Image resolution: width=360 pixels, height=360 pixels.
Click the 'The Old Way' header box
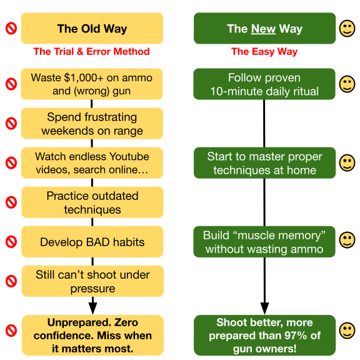tap(92, 28)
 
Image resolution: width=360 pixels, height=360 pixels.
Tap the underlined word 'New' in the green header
tap(263, 29)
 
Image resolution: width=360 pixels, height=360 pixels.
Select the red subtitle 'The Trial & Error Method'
tap(91, 51)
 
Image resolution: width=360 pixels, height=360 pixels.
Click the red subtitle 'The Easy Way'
tap(264, 51)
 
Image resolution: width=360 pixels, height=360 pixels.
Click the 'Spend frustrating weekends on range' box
tap(92, 124)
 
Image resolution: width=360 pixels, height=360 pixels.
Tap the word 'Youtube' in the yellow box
tap(129, 156)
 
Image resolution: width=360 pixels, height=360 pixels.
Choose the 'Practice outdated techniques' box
tap(92, 202)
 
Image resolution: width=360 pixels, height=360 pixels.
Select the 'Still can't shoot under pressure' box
tap(92, 281)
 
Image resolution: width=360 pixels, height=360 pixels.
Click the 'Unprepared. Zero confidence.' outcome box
tap(92, 335)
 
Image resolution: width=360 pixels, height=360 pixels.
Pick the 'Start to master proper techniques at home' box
tap(265, 162)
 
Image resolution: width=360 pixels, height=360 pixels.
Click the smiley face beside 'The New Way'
tap(347, 29)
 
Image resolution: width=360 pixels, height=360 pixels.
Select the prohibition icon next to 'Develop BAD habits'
tap(11, 242)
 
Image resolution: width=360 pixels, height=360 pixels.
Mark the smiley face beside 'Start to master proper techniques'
tap(347, 162)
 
